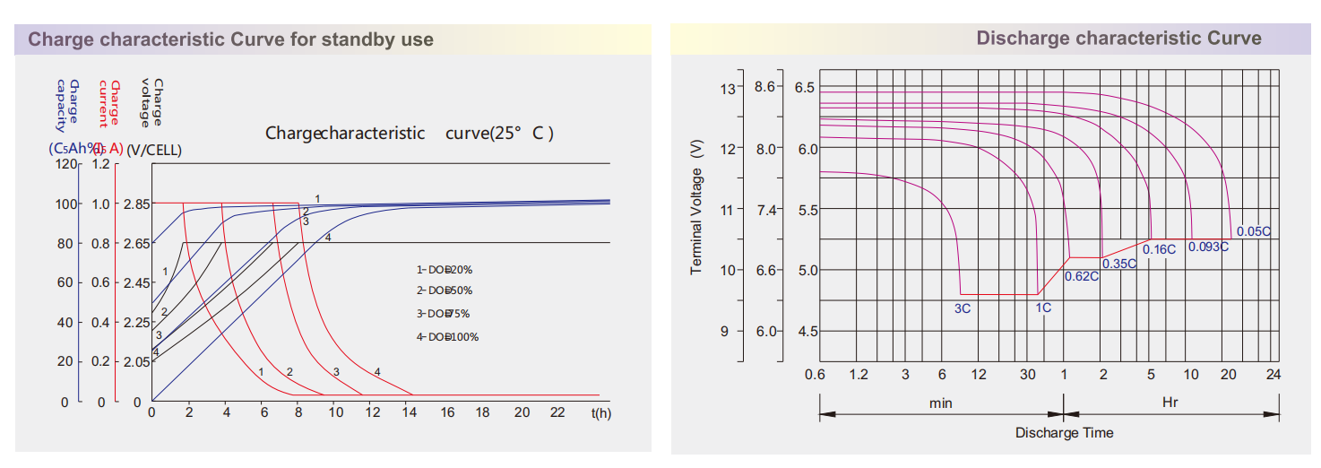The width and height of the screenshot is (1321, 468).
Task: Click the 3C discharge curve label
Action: pyautogui.click(x=963, y=308)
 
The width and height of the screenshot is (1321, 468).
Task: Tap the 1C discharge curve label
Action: pyautogui.click(x=1043, y=308)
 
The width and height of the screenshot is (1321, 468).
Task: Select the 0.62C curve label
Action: pyautogui.click(x=1082, y=276)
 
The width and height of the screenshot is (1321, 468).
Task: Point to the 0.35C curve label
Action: pyautogui.click(x=1119, y=264)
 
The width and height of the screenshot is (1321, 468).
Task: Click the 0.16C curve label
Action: pyautogui.click(x=1159, y=249)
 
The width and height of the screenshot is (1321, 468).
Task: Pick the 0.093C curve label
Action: pyautogui.click(x=1208, y=247)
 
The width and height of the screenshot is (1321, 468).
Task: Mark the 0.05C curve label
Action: pyautogui.click(x=1253, y=231)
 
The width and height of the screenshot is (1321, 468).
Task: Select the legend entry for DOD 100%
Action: pyautogui.click(x=447, y=337)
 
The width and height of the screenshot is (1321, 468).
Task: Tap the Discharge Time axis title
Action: pyautogui.click(x=1064, y=433)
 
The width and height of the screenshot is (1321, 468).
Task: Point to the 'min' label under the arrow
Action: pyautogui.click(x=940, y=403)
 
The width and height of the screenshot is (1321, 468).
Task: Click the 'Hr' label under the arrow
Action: pyautogui.click(x=1170, y=403)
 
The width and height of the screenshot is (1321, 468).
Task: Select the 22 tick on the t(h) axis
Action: pyautogui.click(x=557, y=412)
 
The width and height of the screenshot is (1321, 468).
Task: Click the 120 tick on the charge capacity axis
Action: pyautogui.click(x=65, y=164)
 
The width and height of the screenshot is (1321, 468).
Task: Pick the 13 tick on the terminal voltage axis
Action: pyautogui.click(x=727, y=88)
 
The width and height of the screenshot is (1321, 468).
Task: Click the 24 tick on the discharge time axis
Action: pyautogui.click(x=1274, y=374)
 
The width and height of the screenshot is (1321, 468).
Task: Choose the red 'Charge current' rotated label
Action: pyautogui.click(x=108, y=103)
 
